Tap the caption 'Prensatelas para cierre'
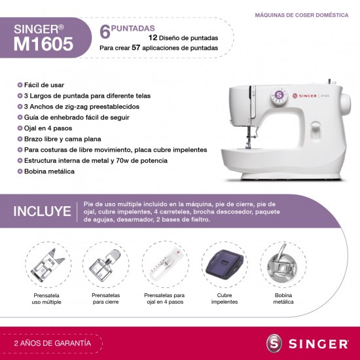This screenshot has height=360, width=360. [x=105, y=299]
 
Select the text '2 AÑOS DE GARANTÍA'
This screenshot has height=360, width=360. [x=52, y=342]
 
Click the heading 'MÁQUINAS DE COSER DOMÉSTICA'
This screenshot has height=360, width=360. [x=300, y=14]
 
